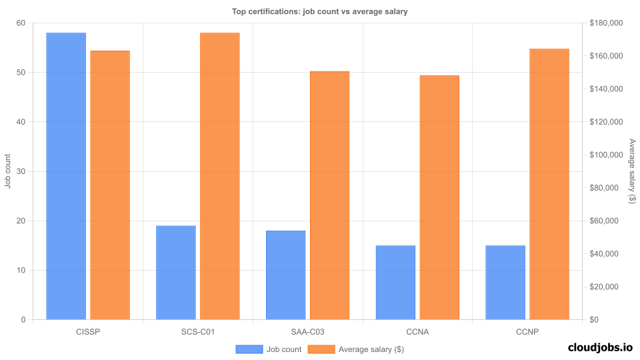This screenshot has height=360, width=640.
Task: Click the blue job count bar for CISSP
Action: [x=66, y=176]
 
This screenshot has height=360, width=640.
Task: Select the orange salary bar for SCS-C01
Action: [x=219, y=176]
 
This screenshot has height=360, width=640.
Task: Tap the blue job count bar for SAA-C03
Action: [x=285, y=275]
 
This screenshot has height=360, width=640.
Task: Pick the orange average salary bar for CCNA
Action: [x=439, y=197]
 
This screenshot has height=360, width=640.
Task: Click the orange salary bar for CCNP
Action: [x=549, y=184]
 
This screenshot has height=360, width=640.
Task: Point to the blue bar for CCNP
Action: [x=505, y=283]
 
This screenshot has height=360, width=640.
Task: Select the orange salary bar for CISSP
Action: [x=110, y=185]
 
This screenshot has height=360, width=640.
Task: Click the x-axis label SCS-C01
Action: [x=198, y=331]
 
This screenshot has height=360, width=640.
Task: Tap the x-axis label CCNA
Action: [x=417, y=331]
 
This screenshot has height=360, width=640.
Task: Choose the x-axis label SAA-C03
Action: [x=307, y=331]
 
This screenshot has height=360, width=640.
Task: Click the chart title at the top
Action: [x=319, y=11]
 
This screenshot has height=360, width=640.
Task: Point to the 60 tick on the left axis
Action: [x=21, y=23]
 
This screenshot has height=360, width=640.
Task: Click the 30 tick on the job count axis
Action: [x=21, y=171]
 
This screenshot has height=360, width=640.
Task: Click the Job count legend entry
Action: [x=268, y=349]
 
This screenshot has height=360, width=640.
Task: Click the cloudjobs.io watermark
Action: [x=599, y=347]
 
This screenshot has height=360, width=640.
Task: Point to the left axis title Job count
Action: [x=8, y=171]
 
